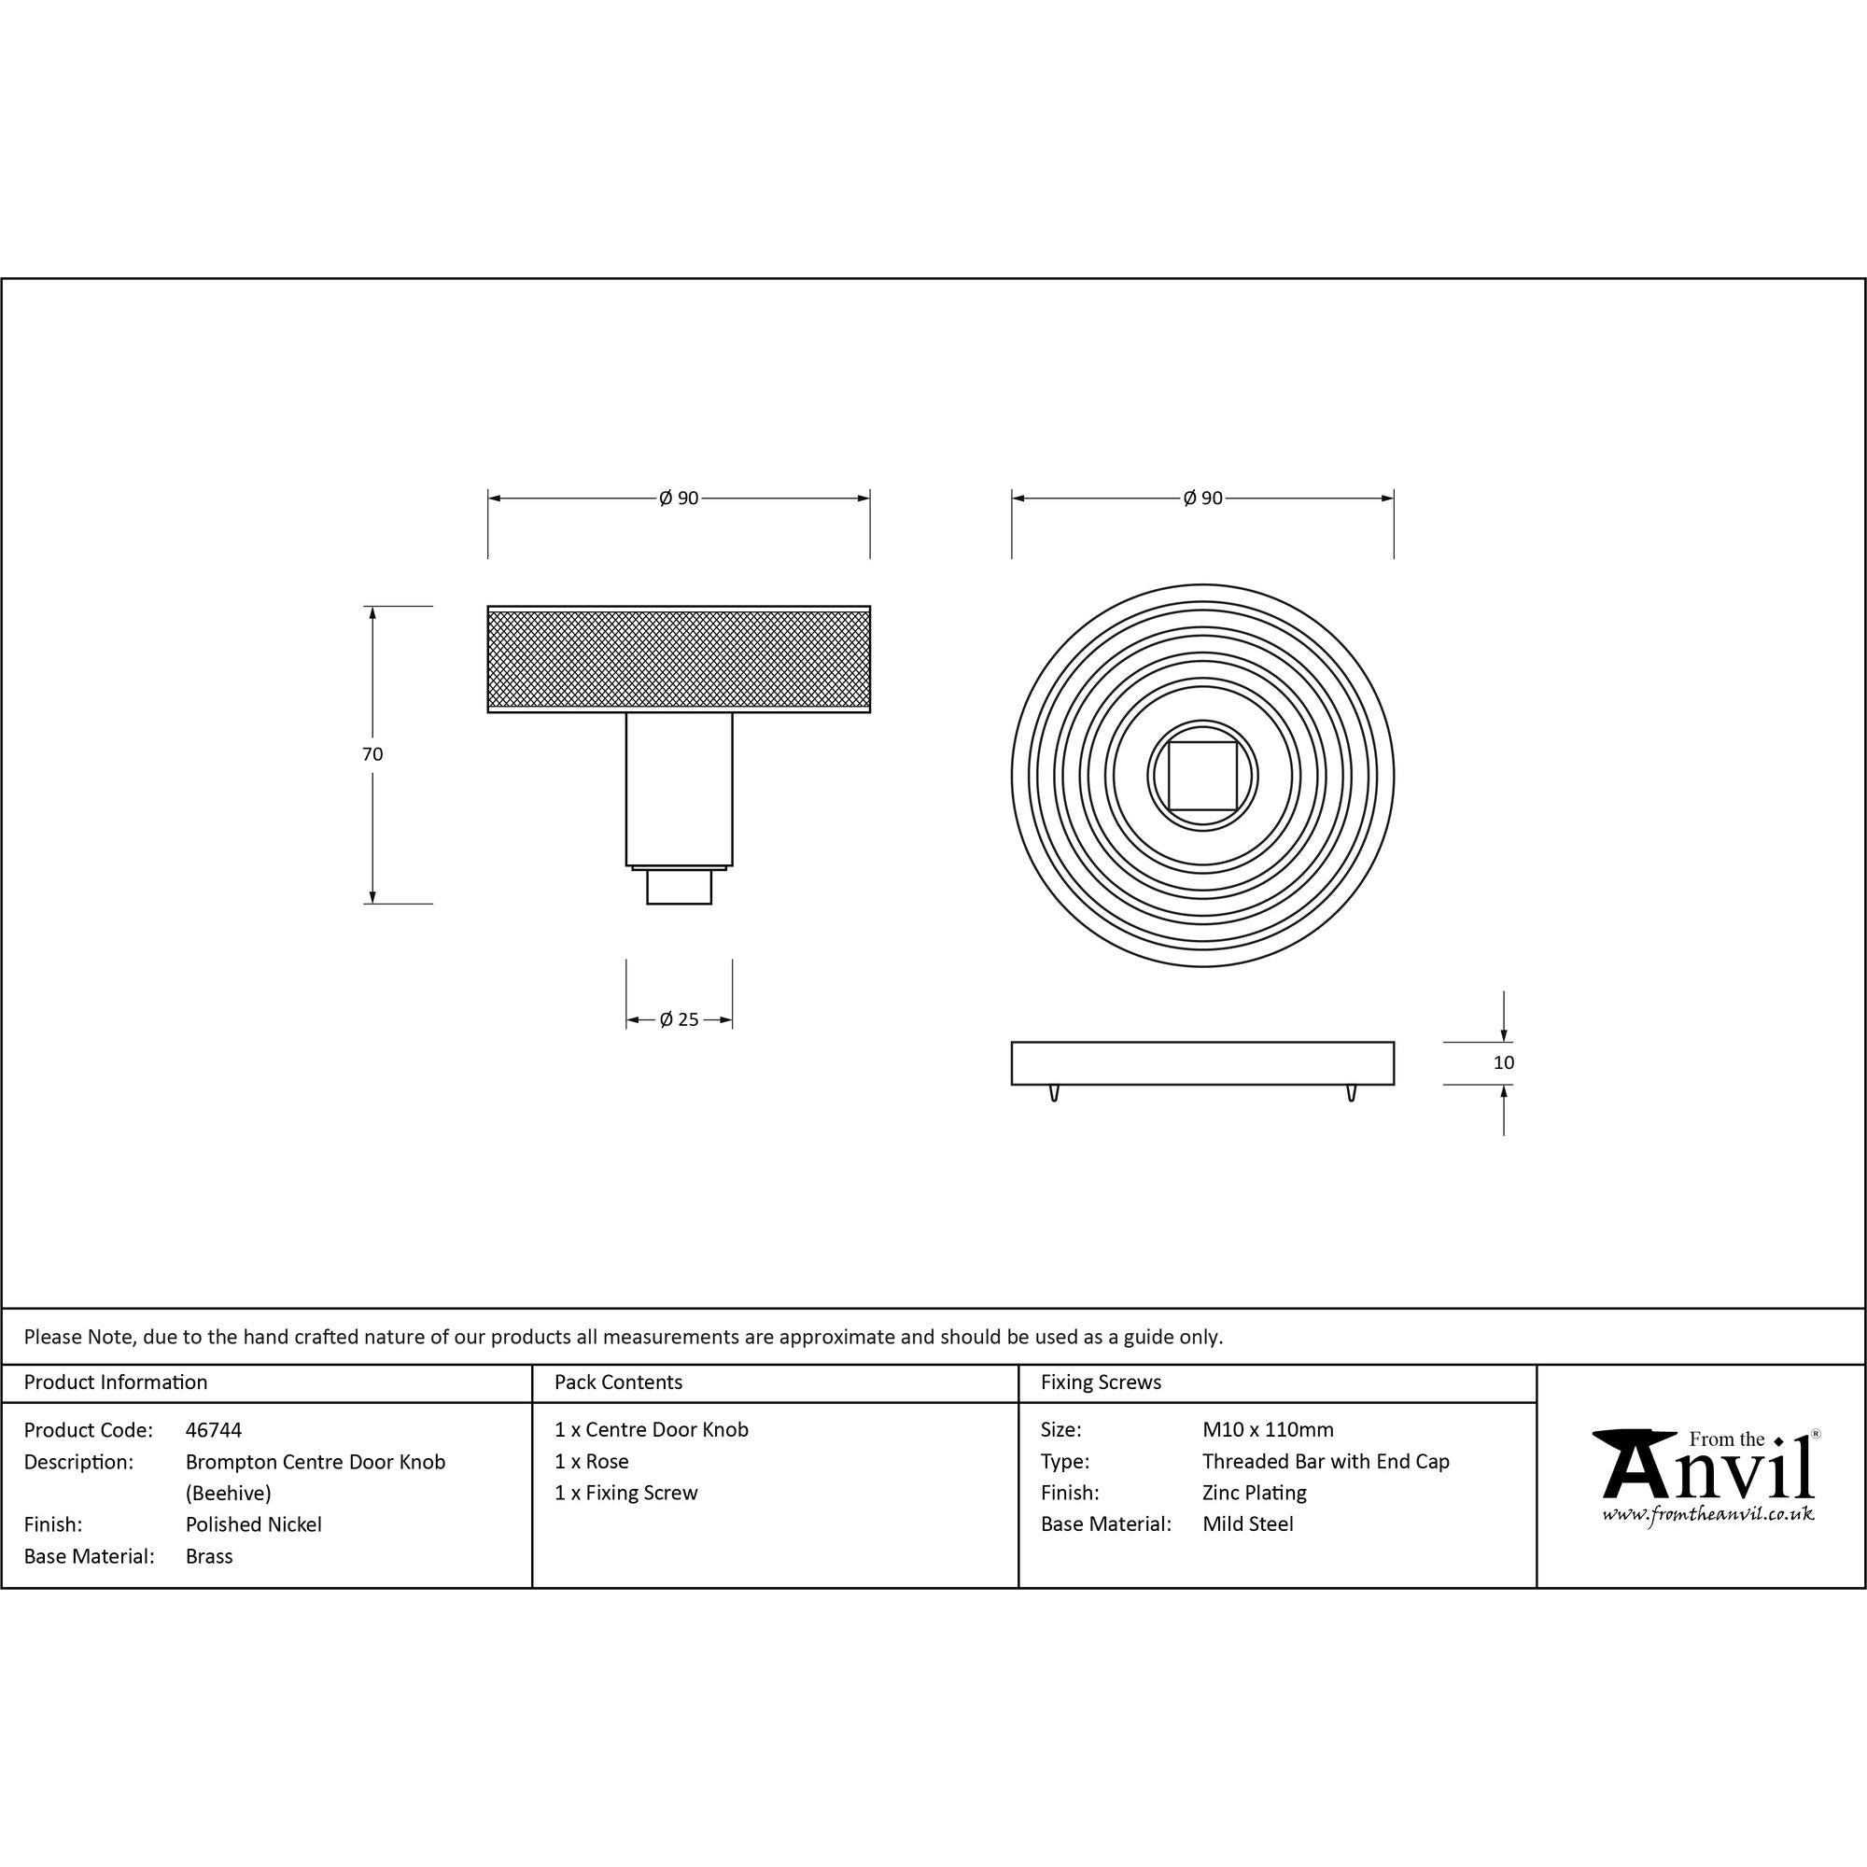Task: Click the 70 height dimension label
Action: pos(372,754)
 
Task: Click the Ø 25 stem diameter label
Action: pos(679,1019)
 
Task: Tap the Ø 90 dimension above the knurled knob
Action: pos(679,498)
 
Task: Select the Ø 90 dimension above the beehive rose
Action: pos(1202,498)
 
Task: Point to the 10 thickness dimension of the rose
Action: pos(1503,1063)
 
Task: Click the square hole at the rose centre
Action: pos(1202,775)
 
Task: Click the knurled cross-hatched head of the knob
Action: pos(679,659)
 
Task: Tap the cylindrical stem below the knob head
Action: pos(679,789)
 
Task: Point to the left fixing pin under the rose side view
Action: pos(1053,1093)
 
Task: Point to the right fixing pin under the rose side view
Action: pos(1351,1093)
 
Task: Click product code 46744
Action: pos(214,1430)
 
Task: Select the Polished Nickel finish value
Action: pos(253,1525)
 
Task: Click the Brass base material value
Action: pos(209,1557)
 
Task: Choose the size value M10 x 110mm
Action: pos(1267,1430)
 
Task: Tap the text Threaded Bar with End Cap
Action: pos(1325,1462)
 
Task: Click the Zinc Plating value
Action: pos(1254,1493)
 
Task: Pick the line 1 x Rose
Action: pos(592,1462)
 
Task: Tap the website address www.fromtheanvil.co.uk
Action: pos(1707,1514)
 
